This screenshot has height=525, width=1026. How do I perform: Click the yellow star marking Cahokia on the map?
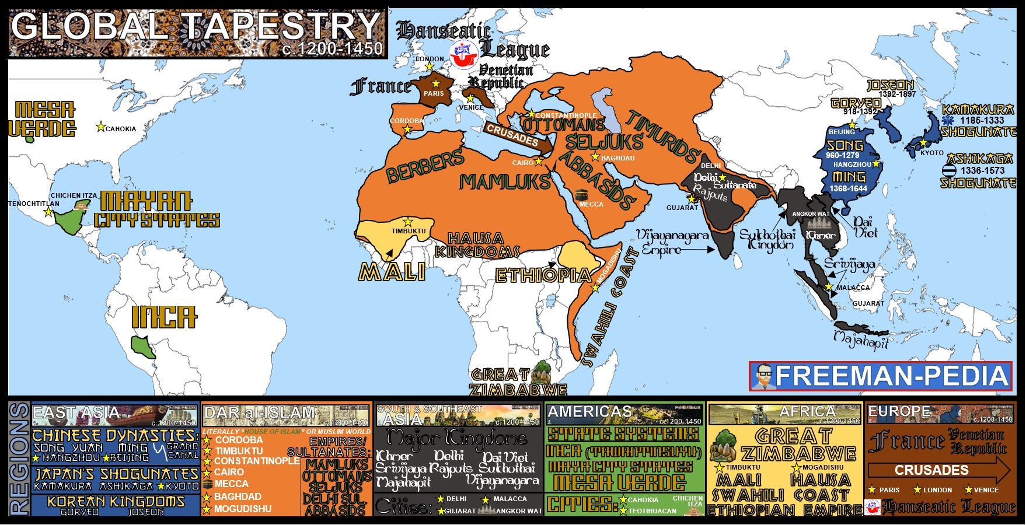click(x=100, y=127)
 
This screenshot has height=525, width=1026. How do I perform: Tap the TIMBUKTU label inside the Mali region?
click(x=408, y=231)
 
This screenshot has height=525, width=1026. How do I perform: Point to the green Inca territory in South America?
click(x=142, y=345)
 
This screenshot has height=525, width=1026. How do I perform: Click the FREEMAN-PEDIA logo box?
click(x=880, y=376)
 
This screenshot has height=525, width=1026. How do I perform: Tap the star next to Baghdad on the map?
click(x=595, y=157)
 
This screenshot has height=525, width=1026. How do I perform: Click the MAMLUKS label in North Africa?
click(x=505, y=182)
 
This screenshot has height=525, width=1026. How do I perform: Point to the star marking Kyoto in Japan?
click(x=923, y=143)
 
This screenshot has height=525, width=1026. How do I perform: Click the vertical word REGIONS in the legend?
click(x=19, y=460)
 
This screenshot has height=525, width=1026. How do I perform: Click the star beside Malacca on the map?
click(x=829, y=287)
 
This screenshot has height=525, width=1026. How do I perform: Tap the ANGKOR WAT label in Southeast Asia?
click(x=811, y=214)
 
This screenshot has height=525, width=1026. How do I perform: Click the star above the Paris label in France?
click(x=435, y=84)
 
